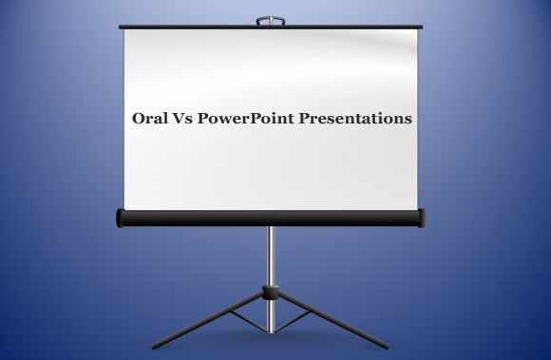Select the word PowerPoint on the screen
246,120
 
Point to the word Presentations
354,120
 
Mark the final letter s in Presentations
408,121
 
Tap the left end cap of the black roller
120,218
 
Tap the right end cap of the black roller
422,218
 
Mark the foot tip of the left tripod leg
154,347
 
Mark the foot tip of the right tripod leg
388,347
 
